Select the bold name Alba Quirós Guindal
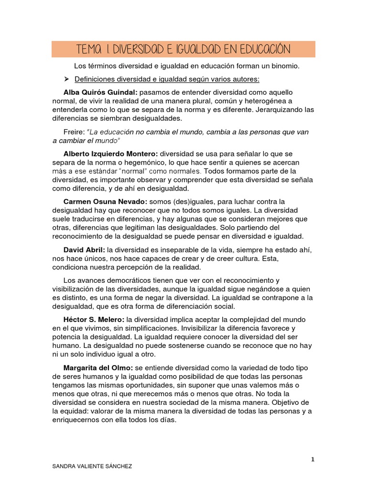coord(100,92)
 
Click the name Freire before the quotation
coord(75,132)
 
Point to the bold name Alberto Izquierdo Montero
coord(110,154)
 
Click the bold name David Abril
coord(85,249)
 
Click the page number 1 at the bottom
coord(313,459)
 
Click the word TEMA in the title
coord(89,49)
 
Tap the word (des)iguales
coord(185,201)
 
